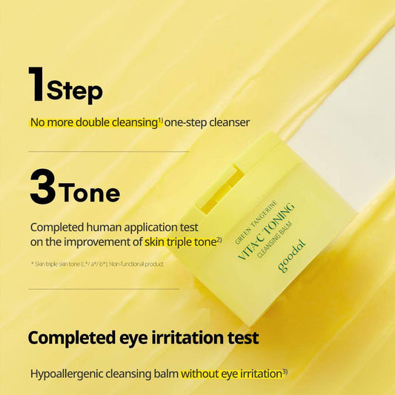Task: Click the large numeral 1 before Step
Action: [x=37, y=84]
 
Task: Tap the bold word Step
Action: [x=75, y=91]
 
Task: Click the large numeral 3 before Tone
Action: [x=43, y=187]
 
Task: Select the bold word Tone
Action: [x=90, y=193]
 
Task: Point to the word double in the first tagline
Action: [x=93, y=122]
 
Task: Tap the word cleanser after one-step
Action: [x=229, y=122]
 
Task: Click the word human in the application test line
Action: [x=104, y=228]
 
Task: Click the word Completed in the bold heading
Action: [x=72, y=339]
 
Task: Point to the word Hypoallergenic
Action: [x=66, y=374]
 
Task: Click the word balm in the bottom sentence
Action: [x=166, y=374]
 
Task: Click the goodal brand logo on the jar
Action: [x=292, y=256]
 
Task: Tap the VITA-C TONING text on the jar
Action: [x=266, y=231]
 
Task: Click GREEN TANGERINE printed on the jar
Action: [x=256, y=222]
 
